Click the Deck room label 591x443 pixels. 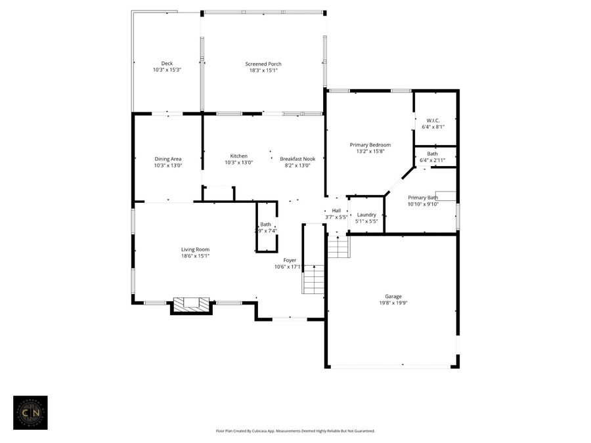point(167,63)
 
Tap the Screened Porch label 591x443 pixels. point(263,64)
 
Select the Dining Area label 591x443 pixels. point(167,159)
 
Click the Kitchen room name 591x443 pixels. point(238,156)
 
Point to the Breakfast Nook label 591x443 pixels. point(297,159)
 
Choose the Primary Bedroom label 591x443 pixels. point(370,144)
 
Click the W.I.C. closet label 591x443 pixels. point(433,120)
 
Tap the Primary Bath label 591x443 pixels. point(422,198)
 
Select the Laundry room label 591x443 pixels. point(366,215)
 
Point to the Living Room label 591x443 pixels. point(195,249)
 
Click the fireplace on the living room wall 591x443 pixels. point(191,304)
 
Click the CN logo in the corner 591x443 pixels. point(30,412)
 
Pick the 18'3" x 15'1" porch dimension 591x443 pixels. point(263,70)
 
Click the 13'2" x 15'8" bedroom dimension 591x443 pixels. point(370,151)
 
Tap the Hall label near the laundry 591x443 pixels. point(336,210)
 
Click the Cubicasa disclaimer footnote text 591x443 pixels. point(295,431)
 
